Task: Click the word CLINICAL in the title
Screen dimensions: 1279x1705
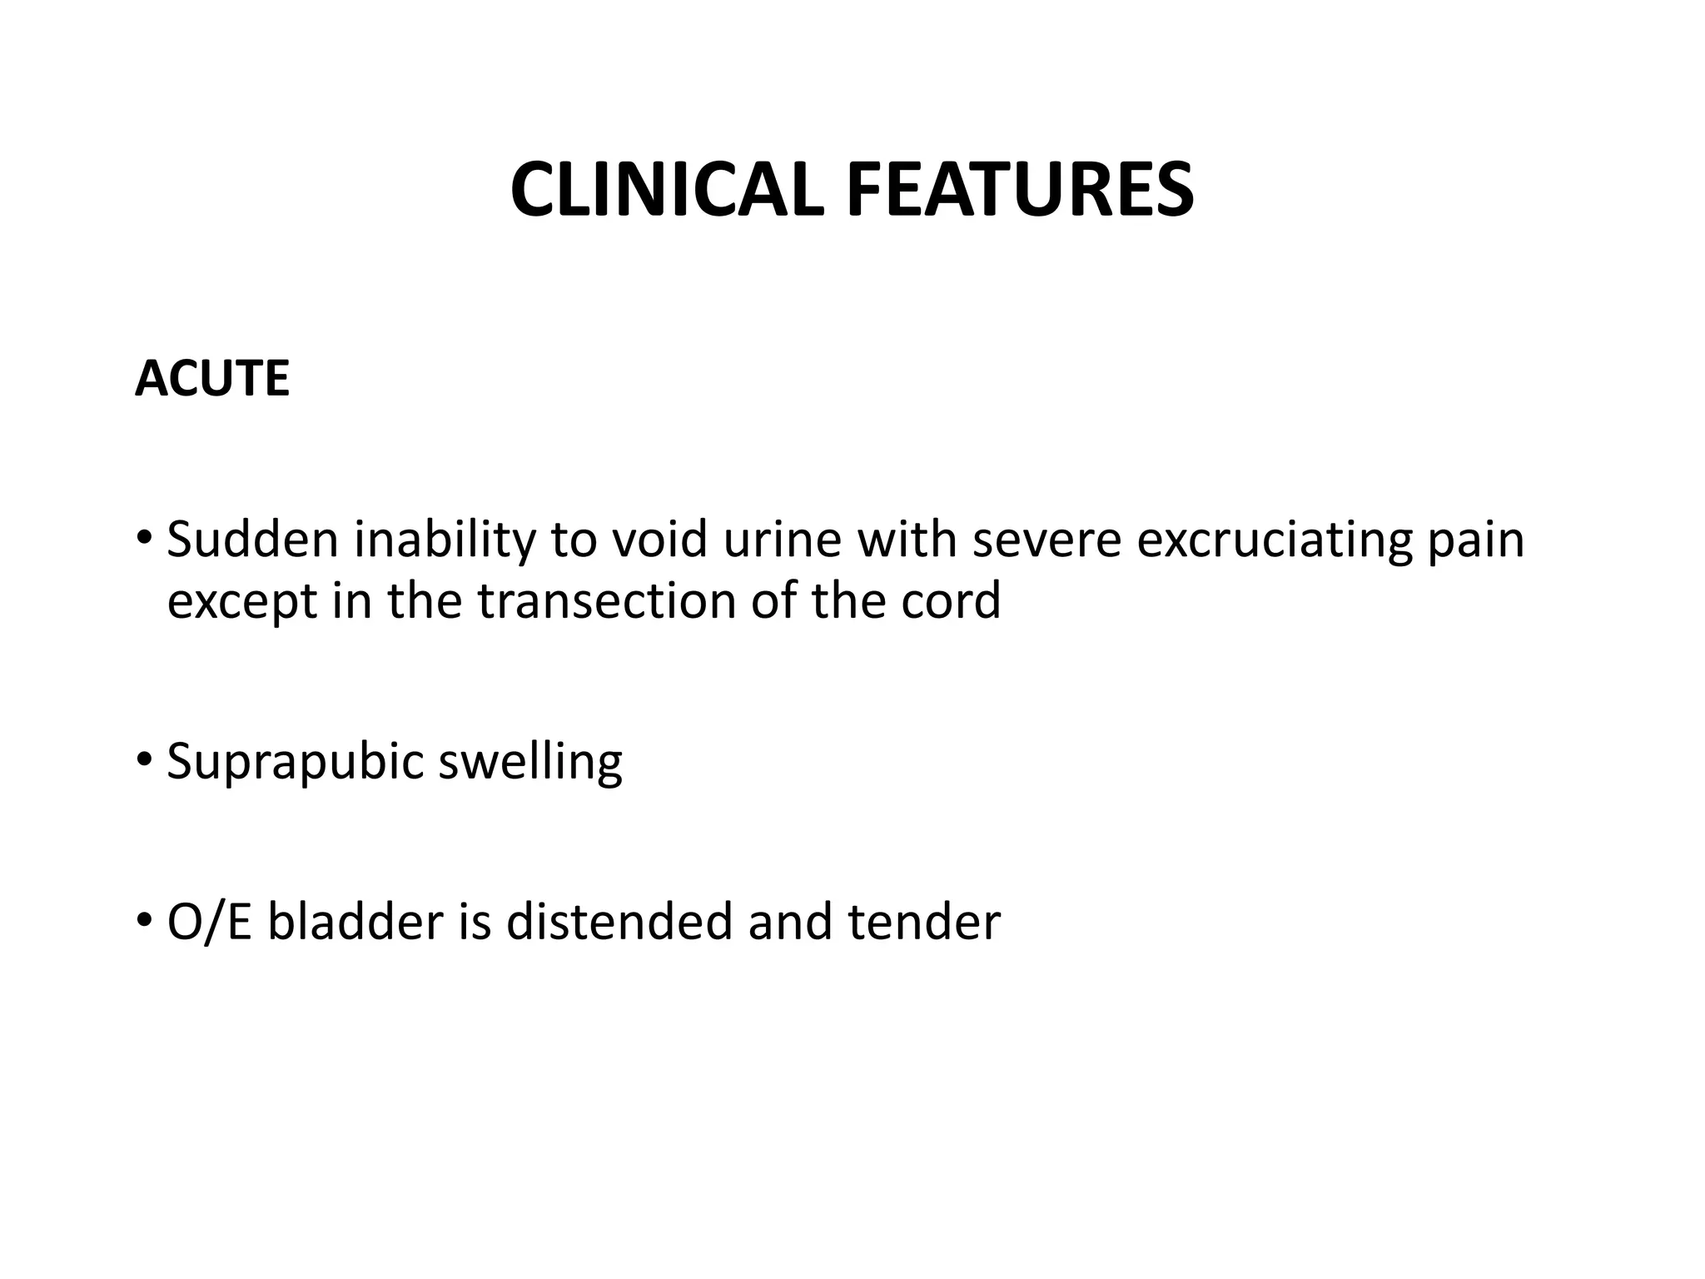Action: pyautogui.click(x=666, y=191)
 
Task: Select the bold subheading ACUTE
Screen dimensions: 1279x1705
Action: pyautogui.click(x=212, y=379)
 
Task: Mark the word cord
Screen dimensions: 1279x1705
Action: pyautogui.click(x=950, y=601)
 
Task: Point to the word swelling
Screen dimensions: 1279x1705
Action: pyautogui.click(x=530, y=762)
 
